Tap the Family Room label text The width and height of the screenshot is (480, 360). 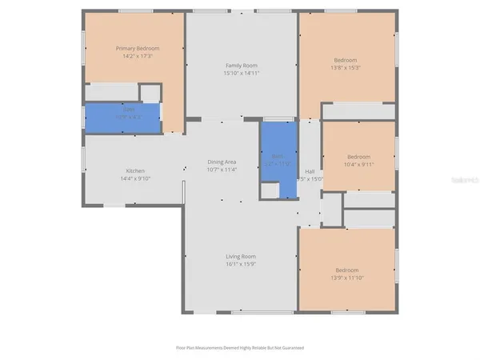pyautogui.click(x=242, y=65)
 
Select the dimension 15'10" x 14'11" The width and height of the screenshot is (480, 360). pyautogui.click(x=242, y=73)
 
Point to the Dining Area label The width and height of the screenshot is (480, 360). pyautogui.click(x=222, y=162)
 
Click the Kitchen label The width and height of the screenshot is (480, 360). pyautogui.click(x=134, y=171)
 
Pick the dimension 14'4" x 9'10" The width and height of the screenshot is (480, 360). pyautogui.click(x=134, y=178)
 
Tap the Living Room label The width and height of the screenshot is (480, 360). pyautogui.click(x=241, y=256)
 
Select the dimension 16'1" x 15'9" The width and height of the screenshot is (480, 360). pyautogui.click(x=241, y=264)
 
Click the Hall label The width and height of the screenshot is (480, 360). pyautogui.click(x=310, y=171)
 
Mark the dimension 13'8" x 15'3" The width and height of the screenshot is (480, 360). pyautogui.click(x=346, y=67)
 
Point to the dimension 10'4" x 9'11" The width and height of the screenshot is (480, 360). pyautogui.click(x=358, y=164)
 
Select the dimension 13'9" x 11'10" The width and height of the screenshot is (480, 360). pyautogui.click(x=346, y=277)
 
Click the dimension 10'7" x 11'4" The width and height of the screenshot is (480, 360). pyautogui.click(x=222, y=170)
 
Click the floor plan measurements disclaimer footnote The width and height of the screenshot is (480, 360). pyautogui.click(x=240, y=348)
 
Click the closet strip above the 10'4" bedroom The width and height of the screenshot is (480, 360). pyautogui.click(x=358, y=112)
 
